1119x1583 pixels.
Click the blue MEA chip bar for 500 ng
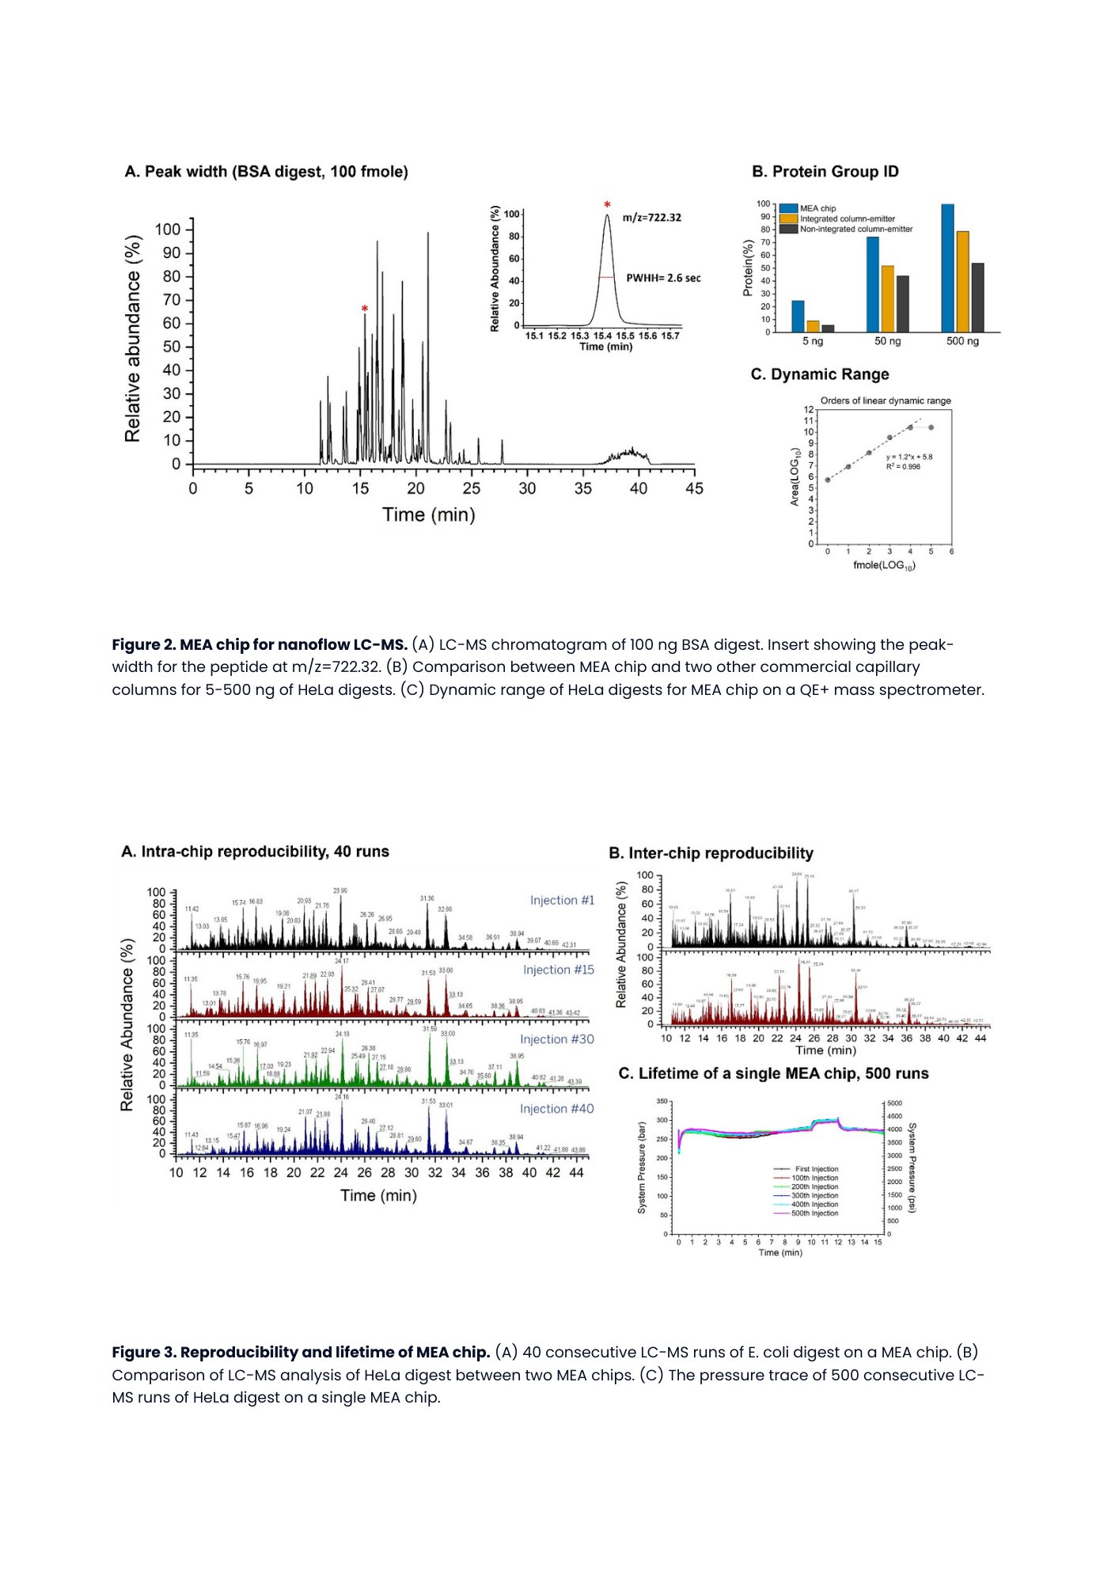coord(947,268)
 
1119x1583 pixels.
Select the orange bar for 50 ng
coord(887,298)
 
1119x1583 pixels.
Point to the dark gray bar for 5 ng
coord(828,328)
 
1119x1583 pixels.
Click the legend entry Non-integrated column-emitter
coord(855,229)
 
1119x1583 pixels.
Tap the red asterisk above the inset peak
coord(607,205)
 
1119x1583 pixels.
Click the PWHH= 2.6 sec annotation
coord(663,278)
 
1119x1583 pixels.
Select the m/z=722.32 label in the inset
coord(651,218)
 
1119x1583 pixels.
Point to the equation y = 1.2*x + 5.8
coord(909,457)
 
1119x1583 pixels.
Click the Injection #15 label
coord(558,970)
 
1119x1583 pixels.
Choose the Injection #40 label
coord(556,1109)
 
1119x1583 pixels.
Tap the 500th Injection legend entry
coord(814,1213)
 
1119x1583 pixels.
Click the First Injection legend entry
coord(816,1169)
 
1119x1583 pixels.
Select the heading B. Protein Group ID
coord(825,172)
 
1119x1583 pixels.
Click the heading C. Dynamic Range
coord(820,374)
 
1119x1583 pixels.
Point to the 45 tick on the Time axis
coord(694,488)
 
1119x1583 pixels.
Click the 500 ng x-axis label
coord(962,341)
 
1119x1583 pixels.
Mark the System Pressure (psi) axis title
coord(912,1167)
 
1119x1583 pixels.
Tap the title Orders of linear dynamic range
coord(886,400)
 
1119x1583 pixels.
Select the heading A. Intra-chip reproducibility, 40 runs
coord(255,852)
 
